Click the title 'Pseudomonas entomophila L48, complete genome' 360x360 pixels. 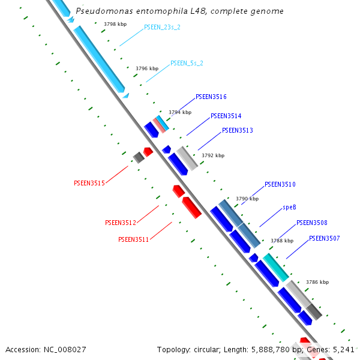[x=179, y=11]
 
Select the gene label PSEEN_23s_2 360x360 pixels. [x=162, y=28]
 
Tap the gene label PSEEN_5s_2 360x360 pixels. [x=187, y=63]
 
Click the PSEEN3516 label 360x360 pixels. [x=211, y=97]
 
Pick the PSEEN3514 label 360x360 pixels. [x=226, y=116]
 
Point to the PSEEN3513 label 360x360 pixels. [x=237, y=130]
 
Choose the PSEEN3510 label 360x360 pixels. [x=280, y=184]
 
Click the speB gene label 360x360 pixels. [x=289, y=207]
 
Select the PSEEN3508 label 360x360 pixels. [x=311, y=223]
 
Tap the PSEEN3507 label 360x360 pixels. [x=324, y=238]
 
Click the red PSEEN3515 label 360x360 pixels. [x=89, y=182]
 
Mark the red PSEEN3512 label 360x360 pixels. [x=121, y=223]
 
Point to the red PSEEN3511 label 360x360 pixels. [x=134, y=239]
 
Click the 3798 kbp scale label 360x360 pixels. [x=115, y=25]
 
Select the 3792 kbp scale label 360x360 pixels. [x=212, y=155]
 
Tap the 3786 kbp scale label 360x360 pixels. [x=317, y=281]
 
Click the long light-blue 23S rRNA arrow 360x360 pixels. [x=99, y=59]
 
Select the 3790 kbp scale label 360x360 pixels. [x=247, y=199]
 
